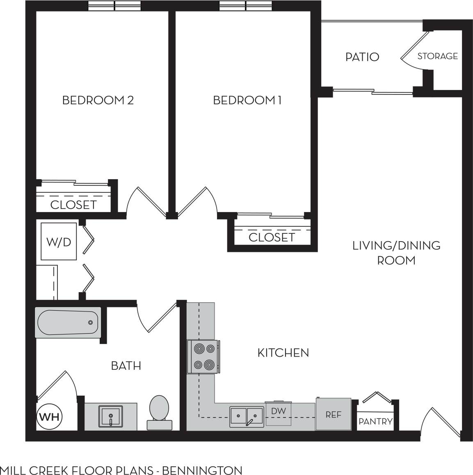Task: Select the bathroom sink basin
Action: point(110,416)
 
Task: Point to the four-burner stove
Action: point(204,357)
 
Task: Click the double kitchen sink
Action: point(246,416)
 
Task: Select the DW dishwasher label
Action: point(279,411)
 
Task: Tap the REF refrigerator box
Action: point(333,414)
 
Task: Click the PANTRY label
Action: point(375,421)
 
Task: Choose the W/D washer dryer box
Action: point(59,242)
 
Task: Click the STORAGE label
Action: point(437,56)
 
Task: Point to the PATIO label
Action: point(362,57)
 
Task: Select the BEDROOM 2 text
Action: point(98,100)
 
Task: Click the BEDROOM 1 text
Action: point(247,100)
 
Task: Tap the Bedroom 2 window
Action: point(114,6)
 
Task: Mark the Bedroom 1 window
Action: point(245,6)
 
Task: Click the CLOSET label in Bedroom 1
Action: point(272,237)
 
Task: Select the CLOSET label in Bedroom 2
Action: point(73,205)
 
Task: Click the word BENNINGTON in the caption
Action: point(202,470)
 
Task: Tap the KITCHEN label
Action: point(283,353)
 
